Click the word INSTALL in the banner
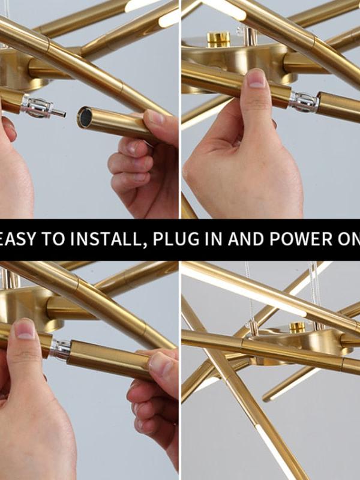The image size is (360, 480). tap(109, 239)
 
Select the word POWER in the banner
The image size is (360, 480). tap(301, 239)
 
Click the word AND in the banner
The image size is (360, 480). tap(246, 239)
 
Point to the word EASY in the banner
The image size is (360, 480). tap(19, 239)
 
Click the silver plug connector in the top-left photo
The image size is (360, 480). tap(43, 108)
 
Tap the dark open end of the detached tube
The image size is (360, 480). tap(85, 117)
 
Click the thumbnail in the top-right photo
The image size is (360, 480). tap(256, 79)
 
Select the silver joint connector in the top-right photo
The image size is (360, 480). tap(304, 101)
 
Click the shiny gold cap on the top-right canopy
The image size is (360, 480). tap(218, 39)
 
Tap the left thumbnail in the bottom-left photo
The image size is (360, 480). tap(25, 329)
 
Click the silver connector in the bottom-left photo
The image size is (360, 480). tap(60, 349)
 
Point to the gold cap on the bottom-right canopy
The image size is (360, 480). tap(296, 328)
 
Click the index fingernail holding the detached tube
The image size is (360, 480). tap(155, 117)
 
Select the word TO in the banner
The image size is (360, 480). tap(53, 239)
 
